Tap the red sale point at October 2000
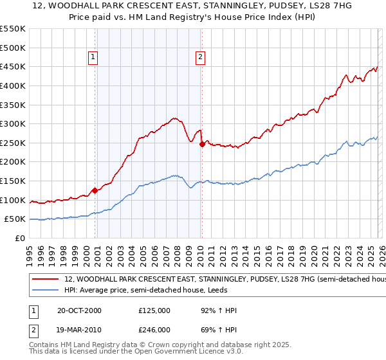pyautogui.click(x=95, y=190)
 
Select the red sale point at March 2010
pyautogui.click(x=202, y=144)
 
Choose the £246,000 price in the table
pyautogui.click(x=154, y=329)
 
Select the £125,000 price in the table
pyautogui.click(x=154, y=310)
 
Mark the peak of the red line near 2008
pyautogui.click(x=174, y=118)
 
